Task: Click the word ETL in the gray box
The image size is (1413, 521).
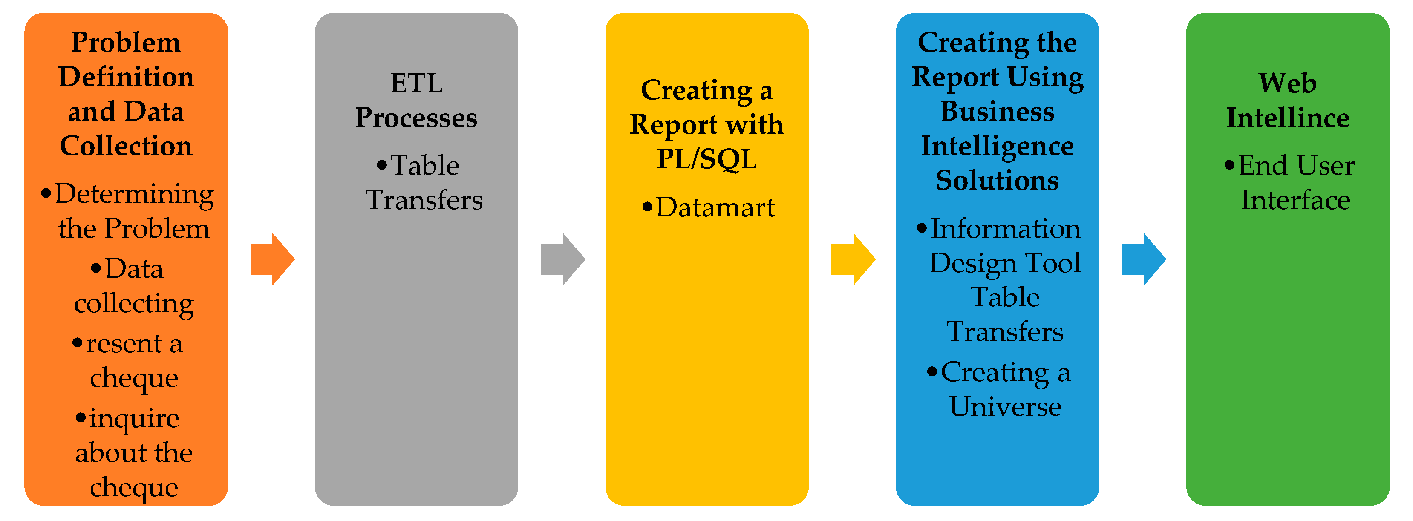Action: point(416,83)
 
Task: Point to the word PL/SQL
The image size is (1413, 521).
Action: point(706,159)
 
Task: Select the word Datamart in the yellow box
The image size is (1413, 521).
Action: point(715,207)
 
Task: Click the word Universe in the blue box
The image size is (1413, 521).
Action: point(1005,406)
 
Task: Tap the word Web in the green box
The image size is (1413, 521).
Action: point(1287,83)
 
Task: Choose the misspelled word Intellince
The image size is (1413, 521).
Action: point(1287,118)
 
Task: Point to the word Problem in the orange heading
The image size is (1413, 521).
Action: point(126,42)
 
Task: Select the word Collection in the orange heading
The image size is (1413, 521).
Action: point(126,146)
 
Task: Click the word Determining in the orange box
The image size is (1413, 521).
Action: point(134,194)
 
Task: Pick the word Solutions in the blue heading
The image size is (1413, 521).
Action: point(997,181)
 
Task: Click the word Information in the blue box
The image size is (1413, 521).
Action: point(1006,229)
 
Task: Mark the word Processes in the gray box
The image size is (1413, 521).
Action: point(416,118)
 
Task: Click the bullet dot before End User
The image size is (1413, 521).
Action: point(1229,164)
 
